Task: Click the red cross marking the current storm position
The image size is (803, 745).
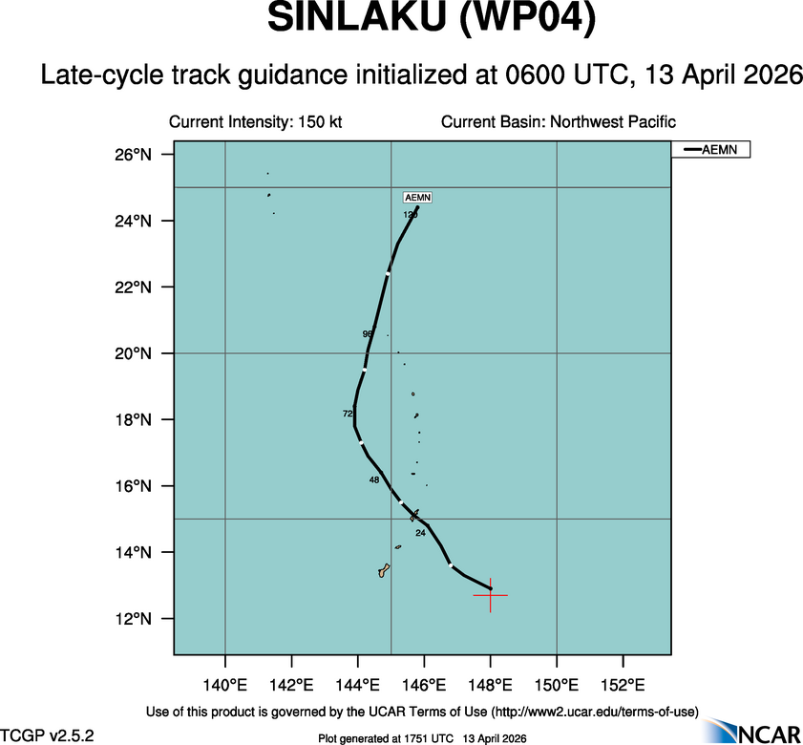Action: pos(491,595)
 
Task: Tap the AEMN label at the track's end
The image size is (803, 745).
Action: pos(418,198)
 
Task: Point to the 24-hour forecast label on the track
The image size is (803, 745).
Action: pos(420,533)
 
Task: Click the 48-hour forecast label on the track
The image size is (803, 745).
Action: pos(374,479)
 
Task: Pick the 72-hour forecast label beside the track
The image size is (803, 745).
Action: pos(348,414)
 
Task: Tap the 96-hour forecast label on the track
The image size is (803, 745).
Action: pos(368,334)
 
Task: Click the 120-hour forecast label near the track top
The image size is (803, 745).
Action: pos(411,215)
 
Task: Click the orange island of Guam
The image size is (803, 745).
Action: pos(384,570)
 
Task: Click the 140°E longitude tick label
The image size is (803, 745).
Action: pos(225,685)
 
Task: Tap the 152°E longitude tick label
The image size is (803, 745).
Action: pos(623,685)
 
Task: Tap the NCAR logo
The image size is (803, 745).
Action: pos(754,730)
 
